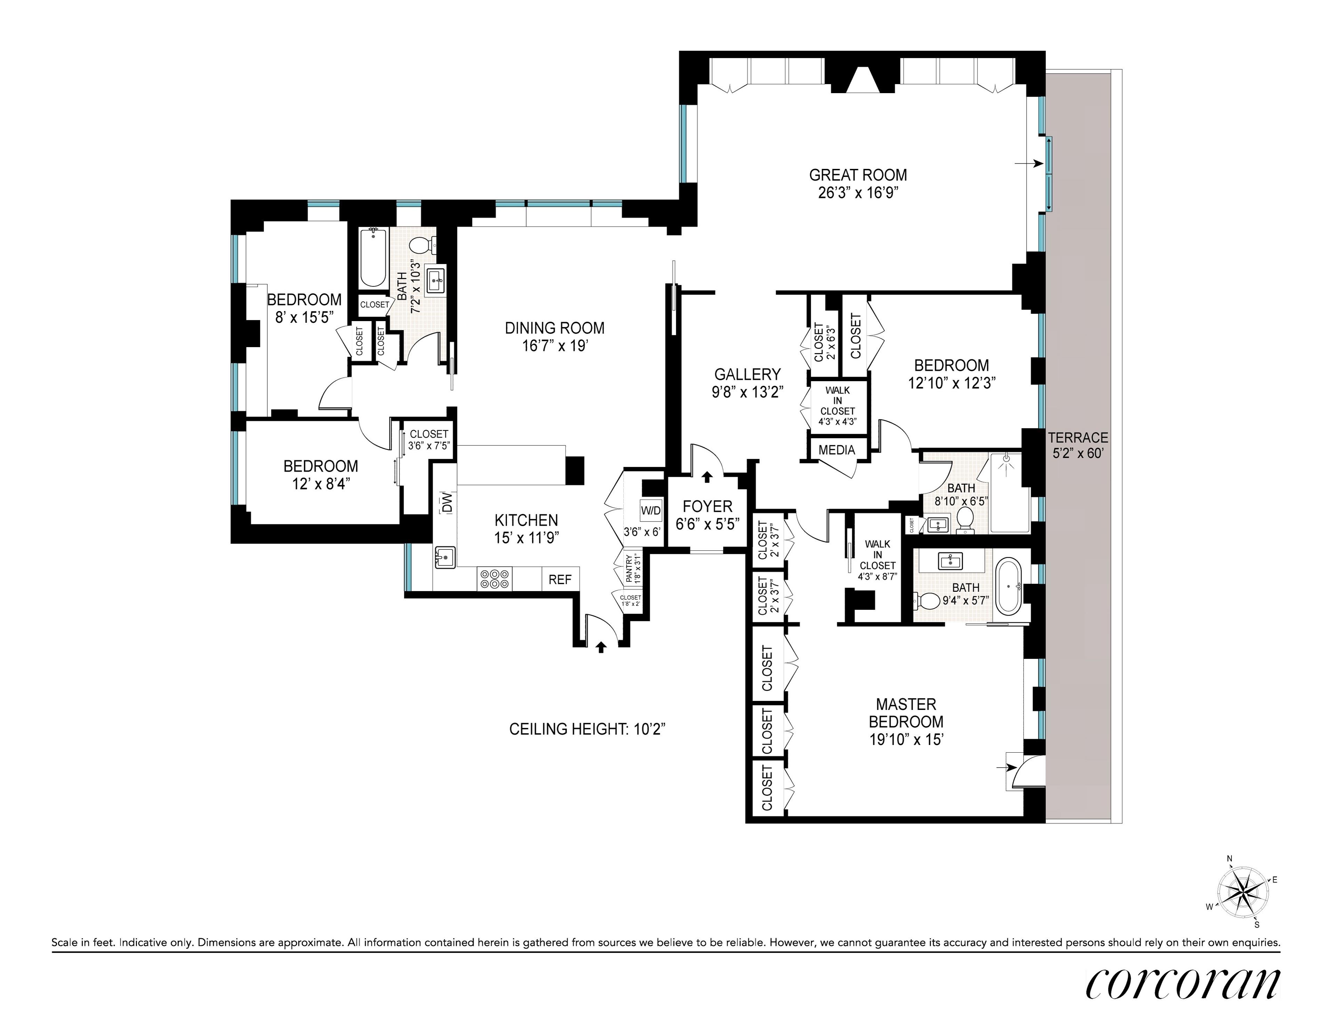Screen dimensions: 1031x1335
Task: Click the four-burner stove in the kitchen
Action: (494, 579)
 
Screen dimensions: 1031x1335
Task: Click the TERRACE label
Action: (1078, 437)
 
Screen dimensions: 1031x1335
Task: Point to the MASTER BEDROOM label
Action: (906, 713)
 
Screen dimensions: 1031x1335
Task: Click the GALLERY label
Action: (747, 374)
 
